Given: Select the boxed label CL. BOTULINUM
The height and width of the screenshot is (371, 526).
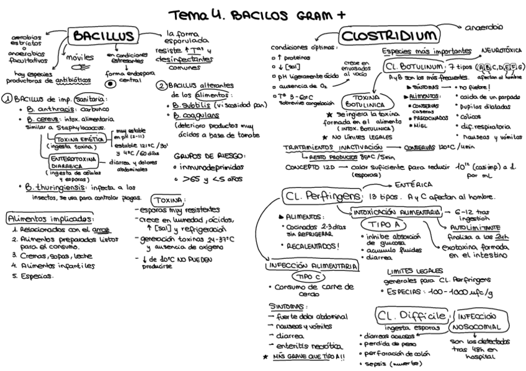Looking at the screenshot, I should [414, 66].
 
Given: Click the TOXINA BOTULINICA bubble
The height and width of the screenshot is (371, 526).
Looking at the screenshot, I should [366, 102].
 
